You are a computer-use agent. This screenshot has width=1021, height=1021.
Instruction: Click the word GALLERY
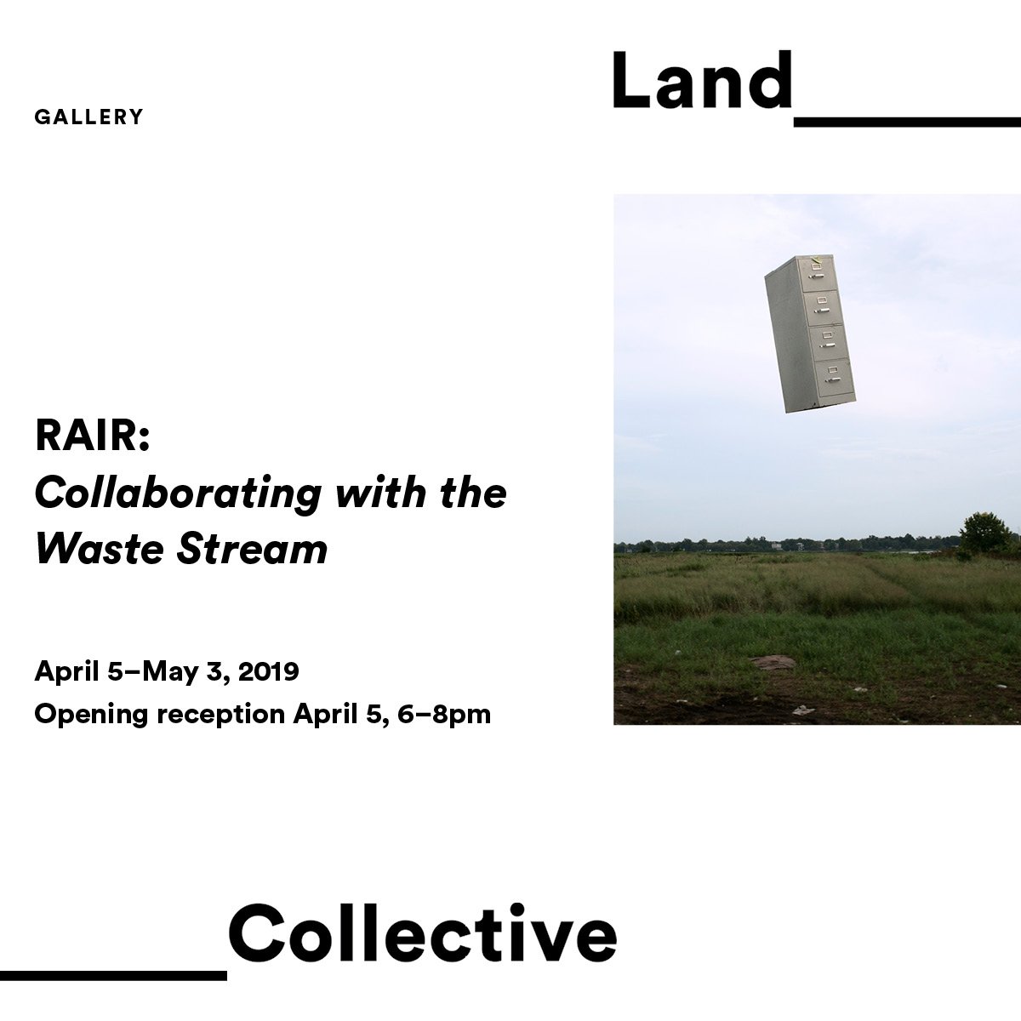tap(88, 117)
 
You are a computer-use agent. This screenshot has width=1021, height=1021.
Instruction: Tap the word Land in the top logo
tap(702, 81)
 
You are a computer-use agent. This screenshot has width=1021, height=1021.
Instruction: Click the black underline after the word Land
tap(907, 122)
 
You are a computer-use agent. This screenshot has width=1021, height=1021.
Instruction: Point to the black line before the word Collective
tap(113, 975)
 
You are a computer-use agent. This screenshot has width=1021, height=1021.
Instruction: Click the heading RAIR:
tap(92, 437)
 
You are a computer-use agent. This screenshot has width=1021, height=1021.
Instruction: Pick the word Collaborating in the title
tap(178, 493)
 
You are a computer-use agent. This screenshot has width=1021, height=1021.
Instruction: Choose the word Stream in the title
tap(252, 549)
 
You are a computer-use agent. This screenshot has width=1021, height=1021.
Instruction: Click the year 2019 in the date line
tap(268, 671)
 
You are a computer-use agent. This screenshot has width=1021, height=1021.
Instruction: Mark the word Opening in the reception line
tap(91, 715)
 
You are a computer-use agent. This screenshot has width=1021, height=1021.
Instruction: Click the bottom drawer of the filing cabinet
tap(831, 379)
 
